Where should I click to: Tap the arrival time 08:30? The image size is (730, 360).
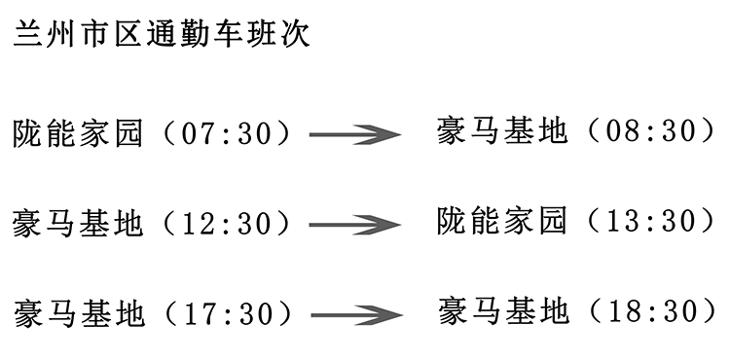[652, 131]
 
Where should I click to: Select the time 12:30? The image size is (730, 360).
[230, 225]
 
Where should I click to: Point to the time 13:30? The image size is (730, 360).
[652, 222]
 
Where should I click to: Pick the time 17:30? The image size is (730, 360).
[230, 314]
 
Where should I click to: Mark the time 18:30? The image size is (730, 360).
[652, 312]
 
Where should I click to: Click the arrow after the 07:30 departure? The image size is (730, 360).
[354, 134]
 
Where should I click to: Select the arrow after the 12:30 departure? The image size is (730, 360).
[354, 226]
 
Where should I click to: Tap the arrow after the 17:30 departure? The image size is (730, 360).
[354, 315]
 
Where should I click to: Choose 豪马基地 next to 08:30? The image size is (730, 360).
[502, 131]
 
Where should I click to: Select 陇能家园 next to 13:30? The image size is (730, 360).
[502, 222]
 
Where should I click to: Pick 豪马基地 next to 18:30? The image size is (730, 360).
[502, 312]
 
